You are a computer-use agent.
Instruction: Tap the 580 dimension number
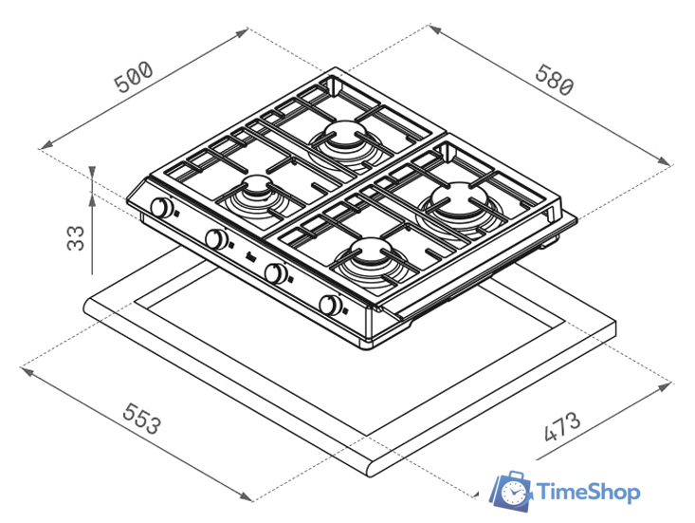tap(555, 81)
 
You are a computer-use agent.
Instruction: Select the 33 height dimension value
tap(76, 238)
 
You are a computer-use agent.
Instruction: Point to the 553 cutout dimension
tap(141, 418)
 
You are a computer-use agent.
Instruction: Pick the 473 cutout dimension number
tap(561, 427)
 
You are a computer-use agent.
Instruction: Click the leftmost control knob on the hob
tap(162, 207)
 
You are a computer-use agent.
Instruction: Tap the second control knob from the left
tap(217, 239)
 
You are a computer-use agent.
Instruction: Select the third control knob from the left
tap(276, 272)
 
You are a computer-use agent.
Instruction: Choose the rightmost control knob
tap(331, 305)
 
